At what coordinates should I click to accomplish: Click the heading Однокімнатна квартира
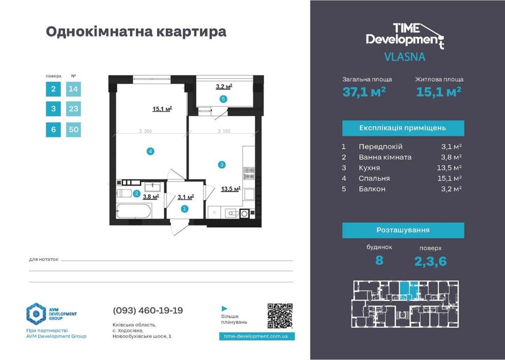pyautogui.click(x=136, y=32)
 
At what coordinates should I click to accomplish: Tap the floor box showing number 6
pyautogui.click(x=53, y=129)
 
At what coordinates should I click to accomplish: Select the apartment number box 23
pyautogui.click(x=74, y=109)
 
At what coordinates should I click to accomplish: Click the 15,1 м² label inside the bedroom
pyautogui.click(x=162, y=109)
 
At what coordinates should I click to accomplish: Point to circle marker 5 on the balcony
pyautogui.click(x=223, y=99)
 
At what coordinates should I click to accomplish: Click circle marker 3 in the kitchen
pyautogui.click(x=221, y=165)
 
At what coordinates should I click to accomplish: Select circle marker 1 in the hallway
pyautogui.click(x=184, y=208)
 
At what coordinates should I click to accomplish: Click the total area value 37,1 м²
pyautogui.click(x=364, y=92)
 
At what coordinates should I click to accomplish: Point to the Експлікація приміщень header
pyautogui.click(x=403, y=128)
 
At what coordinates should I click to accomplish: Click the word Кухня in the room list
pyautogui.click(x=369, y=168)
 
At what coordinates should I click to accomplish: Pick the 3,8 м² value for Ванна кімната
pyautogui.click(x=452, y=157)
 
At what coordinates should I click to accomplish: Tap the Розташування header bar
pyautogui.click(x=403, y=230)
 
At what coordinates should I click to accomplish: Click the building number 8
pyautogui.click(x=379, y=260)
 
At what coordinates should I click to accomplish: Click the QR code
pyautogui.click(x=280, y=316)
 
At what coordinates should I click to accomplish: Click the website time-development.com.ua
pyautogui.click(x=256, y=335)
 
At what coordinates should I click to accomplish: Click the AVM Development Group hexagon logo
pyautogui.click(x=37, y=314)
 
